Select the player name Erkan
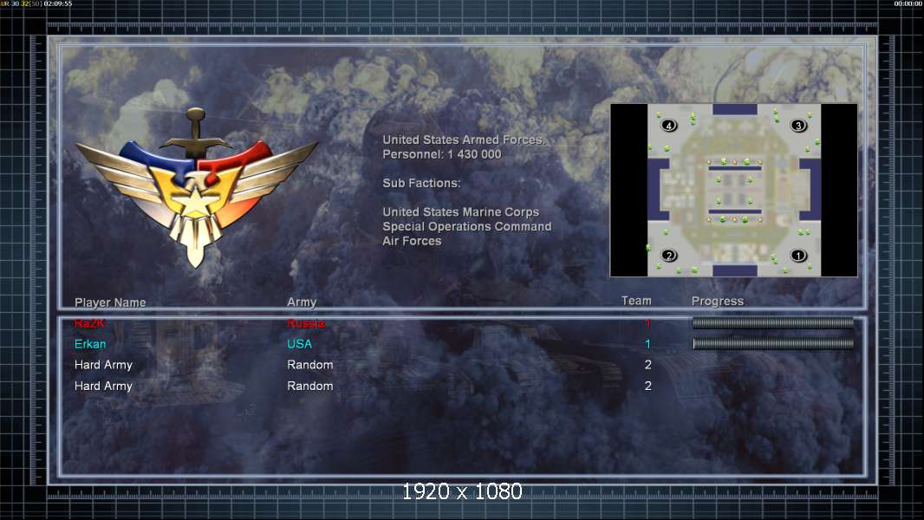pyautogui.click(x=90, y=344)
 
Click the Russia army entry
pyautogui.click(x=306, y=323)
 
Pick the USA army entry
pyautogui.click(x=300, y=344)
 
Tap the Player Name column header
pyautogui.click(x=110, y=302)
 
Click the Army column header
pyautogui.click(x=302, y=302)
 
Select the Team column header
pyautogui.click(x=636, y=301)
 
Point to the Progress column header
pyautogui.click(x=718, y=301)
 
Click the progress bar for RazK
pyautogui.click(x=773, y=323)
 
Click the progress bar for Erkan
pyautogui.click(x=773, y=344)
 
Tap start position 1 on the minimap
pyautogui.click(x=798, y=256)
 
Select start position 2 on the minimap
pyautogui.click(x=669, y=256)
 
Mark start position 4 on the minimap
pyautogui.click(x=669, y=126)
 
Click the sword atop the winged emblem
pyautogui.click(x=196, y=130)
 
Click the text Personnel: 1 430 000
pyautogui.click(x=442, y=154)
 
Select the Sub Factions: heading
pyautogui.click(x=421, y=183)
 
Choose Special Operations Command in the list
pyautogui.click(x=467, y=226)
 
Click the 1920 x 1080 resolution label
pyautogui.click(x=462, y=492)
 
